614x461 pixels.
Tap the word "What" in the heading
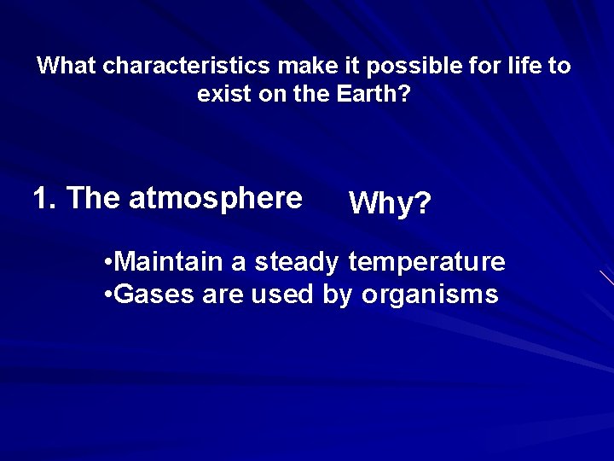pyautogui.click(x=67, y=66)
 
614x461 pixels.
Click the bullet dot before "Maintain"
pyautogui.click(x=106, y=262)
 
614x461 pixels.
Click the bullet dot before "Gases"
pyautogui.click(x=106, y=295)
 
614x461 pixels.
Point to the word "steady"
pyautogui.click(x=297, y=261)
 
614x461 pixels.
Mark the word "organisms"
pyautogui.click(x=430, y=295)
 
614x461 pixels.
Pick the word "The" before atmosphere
pyautogui.click(x=94, y=198)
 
